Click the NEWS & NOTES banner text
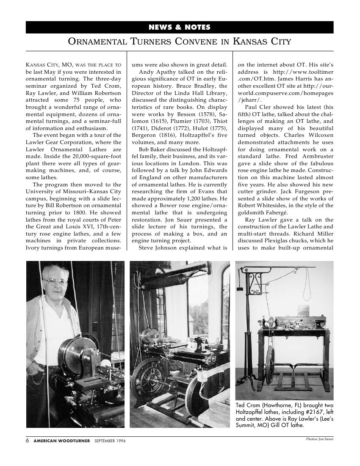[180, 28]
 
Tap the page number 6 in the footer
[28, 441]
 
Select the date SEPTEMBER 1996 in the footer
[110, 441]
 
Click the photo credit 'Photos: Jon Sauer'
[320, 439]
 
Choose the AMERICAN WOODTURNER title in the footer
[62, 441]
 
